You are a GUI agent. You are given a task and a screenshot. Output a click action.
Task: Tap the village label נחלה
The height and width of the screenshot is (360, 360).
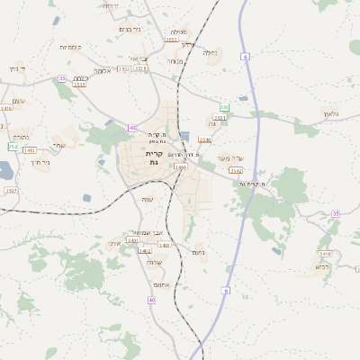tap(211, 52)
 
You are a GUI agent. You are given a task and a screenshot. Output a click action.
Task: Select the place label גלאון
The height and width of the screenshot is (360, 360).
tap(330, 113)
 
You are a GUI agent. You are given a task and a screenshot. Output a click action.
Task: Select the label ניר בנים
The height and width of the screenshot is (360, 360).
tap(130, 29)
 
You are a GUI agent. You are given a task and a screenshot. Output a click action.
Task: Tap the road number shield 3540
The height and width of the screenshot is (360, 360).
tap(132, 240)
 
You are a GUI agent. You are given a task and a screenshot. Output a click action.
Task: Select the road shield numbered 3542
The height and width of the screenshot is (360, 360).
tap(236, 170)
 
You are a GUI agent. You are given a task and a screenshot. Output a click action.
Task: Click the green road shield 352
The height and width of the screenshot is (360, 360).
tap(13, 146)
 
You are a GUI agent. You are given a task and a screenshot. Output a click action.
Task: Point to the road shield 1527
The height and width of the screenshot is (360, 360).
tap(11, 190)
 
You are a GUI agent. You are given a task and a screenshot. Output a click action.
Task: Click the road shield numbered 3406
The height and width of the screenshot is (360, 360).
tap(180, 166)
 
